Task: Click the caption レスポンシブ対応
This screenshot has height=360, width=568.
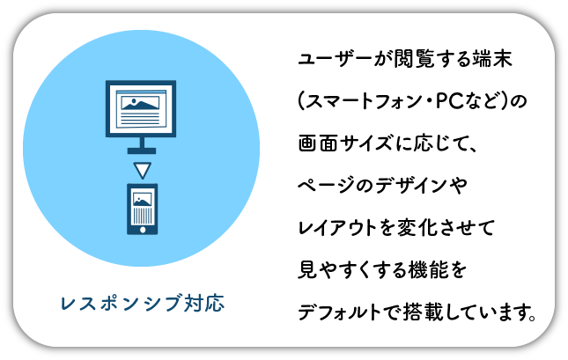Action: coord(141,305)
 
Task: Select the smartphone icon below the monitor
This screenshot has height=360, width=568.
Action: coord(141,209)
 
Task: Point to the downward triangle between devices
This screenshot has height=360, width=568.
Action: coord(141,168)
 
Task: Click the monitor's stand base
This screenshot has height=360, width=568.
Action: coord(141,151)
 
